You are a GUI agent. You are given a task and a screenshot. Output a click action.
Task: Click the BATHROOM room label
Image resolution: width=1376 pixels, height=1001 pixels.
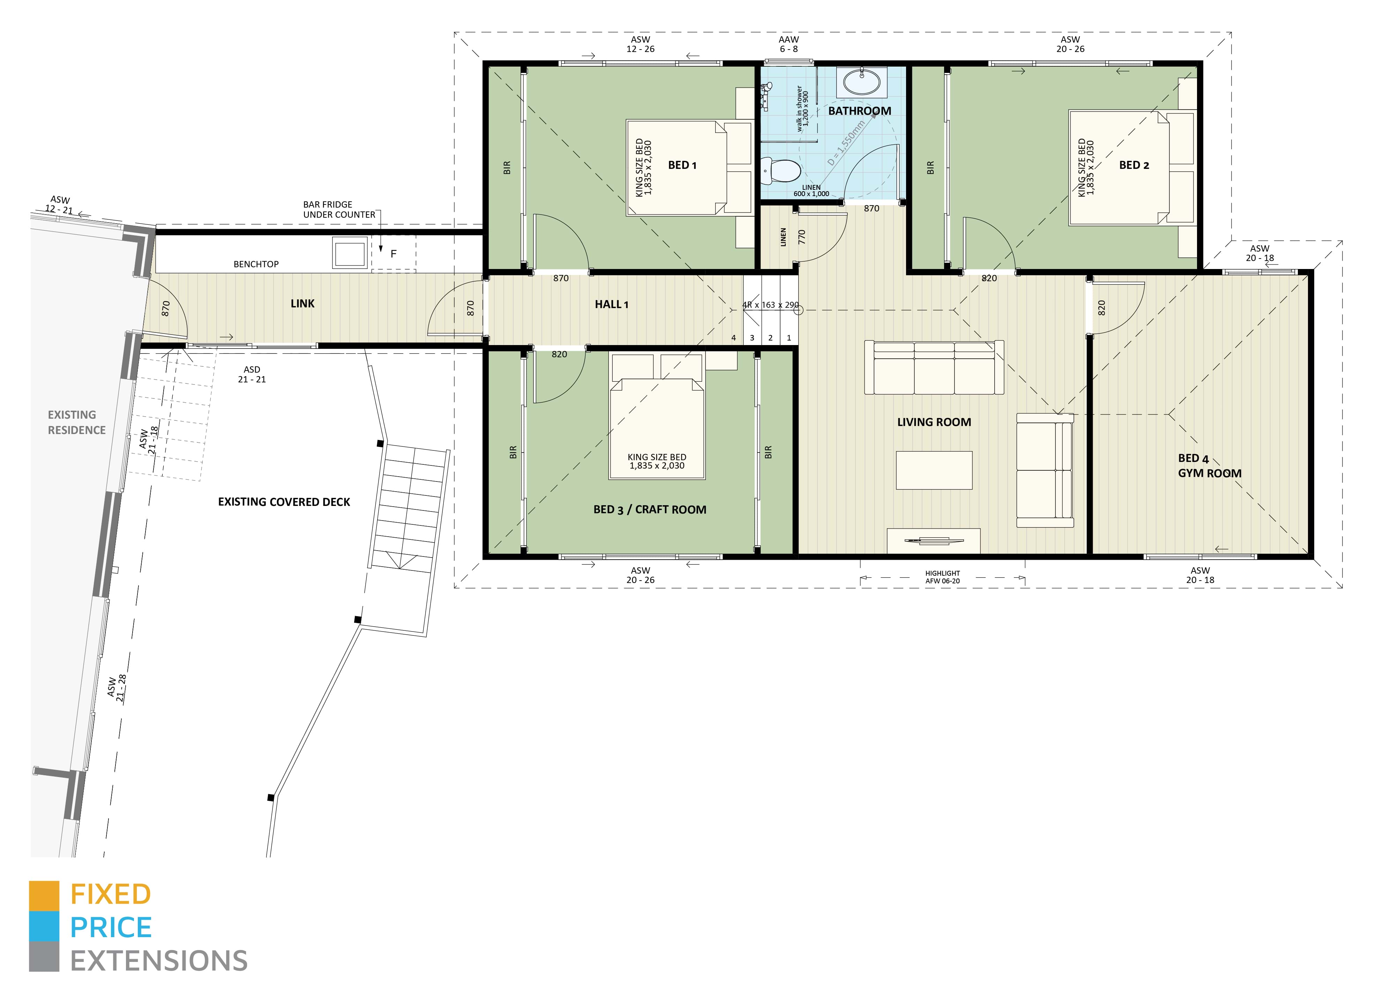click(859, 111)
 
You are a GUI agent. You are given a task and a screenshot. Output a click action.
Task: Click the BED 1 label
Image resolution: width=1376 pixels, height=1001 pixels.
click(682, 165)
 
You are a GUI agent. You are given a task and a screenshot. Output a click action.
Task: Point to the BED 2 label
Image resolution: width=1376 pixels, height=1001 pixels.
click(1133, 165)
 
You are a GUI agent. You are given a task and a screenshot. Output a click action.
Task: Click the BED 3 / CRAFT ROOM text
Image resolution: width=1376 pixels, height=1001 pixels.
click(649, 510)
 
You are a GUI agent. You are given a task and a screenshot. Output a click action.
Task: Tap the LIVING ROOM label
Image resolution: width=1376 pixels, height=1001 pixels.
click(934, 422)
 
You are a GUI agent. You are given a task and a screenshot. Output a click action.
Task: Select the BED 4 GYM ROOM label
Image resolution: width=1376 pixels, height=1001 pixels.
click(1209, 466)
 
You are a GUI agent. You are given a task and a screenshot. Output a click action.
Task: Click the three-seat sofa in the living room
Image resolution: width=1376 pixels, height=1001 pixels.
click(934, 368)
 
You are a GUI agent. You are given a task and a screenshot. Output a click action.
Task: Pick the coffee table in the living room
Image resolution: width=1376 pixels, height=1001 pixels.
click(934, 470)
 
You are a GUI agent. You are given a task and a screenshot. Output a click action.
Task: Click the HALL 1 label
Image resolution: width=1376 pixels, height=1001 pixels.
click(611, 305)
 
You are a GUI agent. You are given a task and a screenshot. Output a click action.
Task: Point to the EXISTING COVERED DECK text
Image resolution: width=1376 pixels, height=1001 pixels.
click(284, 502)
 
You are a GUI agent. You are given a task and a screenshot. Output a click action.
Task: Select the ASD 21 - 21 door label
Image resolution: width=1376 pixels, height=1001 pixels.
click(252, 374)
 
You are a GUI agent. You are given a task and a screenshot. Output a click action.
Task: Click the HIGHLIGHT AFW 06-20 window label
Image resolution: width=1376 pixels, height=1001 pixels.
click(942, 577)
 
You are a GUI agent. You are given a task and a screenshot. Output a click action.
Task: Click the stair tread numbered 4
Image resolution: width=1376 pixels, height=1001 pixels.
click(733, 338)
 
